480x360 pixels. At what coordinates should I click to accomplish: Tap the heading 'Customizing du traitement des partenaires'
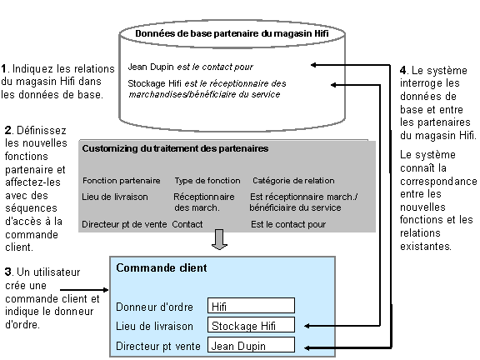click(x=175, y=148)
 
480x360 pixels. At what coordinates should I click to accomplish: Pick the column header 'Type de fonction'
click(x=207, y=180)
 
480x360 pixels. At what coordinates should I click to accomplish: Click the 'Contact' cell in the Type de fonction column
click(x=187, y=224)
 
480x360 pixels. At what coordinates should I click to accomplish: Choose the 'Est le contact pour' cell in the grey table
click(x=288, y=224)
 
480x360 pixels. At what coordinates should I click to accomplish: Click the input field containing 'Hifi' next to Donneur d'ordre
click(x=251, y=307)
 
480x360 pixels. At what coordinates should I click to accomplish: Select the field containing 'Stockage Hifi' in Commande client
click(x=251, y=326)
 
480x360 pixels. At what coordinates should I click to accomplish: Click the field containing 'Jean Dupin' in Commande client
click(x=251, y=344)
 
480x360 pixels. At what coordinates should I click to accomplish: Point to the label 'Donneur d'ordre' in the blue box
click(x=154, y=307)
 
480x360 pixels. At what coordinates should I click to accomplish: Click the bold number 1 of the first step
click(x=4, y=67)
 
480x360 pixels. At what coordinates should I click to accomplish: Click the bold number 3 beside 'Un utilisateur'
click(x=7, y=272)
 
